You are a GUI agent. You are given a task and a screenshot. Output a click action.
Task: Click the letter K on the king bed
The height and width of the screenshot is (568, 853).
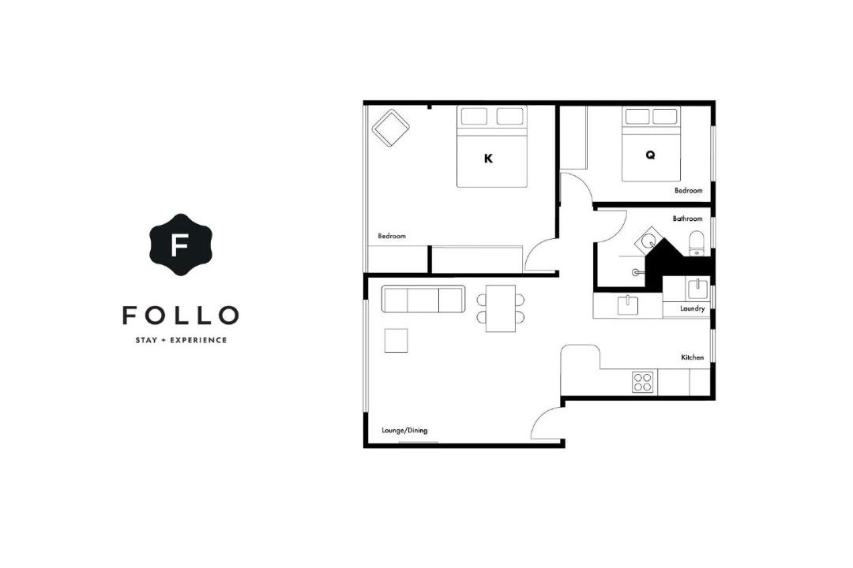[x=488, y=158]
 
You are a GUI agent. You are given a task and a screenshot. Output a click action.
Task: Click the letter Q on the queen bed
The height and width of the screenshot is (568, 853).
[x=650, y=155]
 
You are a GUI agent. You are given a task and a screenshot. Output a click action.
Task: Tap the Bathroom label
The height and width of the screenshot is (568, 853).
[x=687, y=219]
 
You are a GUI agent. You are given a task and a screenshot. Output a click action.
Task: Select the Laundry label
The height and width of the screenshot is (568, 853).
[x=692, y=308]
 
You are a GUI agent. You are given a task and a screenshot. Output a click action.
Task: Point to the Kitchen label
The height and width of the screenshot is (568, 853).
[x=692, y=357]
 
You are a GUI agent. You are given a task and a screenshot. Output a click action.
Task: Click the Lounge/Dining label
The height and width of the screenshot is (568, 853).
[x=404, y=431]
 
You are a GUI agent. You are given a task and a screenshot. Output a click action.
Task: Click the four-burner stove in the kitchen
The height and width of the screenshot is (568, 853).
[x=642, y=382]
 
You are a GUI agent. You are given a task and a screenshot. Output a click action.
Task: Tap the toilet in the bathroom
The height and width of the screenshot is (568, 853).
[x=697, y=244]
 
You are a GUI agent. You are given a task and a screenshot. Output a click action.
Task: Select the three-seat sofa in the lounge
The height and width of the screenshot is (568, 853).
[x=423, y=299]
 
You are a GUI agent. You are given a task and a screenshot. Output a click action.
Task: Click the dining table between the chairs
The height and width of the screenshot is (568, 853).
[x=501, y=308]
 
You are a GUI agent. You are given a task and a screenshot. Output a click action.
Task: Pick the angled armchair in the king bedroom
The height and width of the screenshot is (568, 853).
[x=390, y=129]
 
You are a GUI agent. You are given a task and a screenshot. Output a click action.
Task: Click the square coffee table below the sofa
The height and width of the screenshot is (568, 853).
[x=396, y=341]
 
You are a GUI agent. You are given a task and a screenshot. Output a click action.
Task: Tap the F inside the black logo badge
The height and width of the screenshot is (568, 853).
[x=179, y=245]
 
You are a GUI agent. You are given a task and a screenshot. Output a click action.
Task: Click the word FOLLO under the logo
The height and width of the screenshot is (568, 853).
[x=181, y=316]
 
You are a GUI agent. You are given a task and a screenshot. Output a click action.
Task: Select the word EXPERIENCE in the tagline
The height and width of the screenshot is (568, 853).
[x=198, y=340]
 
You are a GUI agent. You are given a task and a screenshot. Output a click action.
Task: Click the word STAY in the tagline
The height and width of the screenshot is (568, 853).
[x=146, y=340]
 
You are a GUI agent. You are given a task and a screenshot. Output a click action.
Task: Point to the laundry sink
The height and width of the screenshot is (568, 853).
[x=697, y=289]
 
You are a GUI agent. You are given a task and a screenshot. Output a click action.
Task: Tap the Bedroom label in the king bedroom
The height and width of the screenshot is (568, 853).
[x=392, y=236]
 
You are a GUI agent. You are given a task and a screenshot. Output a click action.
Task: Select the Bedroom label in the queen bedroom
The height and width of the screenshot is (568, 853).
[x=688, y=190]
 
